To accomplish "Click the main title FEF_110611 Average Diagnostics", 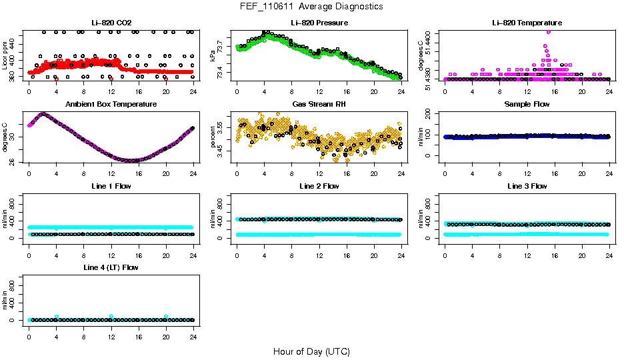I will pyautogui.click(x=311, y=7).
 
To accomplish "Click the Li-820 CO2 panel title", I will pyautogui.click(x=111, y=23).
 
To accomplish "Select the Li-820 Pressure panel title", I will pyautogui.click(x=319, y=23).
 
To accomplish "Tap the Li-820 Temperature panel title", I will pyautogui.click(x=527, y=23).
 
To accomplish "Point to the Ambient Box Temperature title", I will pyautogui.click(x=111, y=105).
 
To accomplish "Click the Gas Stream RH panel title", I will pyautogui.click(x=319, y=105).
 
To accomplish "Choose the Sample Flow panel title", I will pyautogui.click(x=527, y=105).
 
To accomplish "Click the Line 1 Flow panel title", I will pyautogui.click(x=111, y=186).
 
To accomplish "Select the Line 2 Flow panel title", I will pyautogui.click(x=319, y=186).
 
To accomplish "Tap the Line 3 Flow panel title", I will pyautogui.click(x=527, y=186).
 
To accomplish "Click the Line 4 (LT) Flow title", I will pyautogui.click(x=111, y=267).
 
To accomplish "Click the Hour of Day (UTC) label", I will pyautogui.click(x=311, y=351).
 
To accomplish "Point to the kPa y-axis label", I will pyautogui.click(x=213, y=57).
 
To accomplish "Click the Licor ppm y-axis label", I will pyautogui.click(x=5, y=56).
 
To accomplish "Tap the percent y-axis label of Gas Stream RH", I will pyautogui.click(x=213, y=137).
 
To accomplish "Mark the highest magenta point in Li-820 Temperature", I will pyautogui.click(x=548, y=31).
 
